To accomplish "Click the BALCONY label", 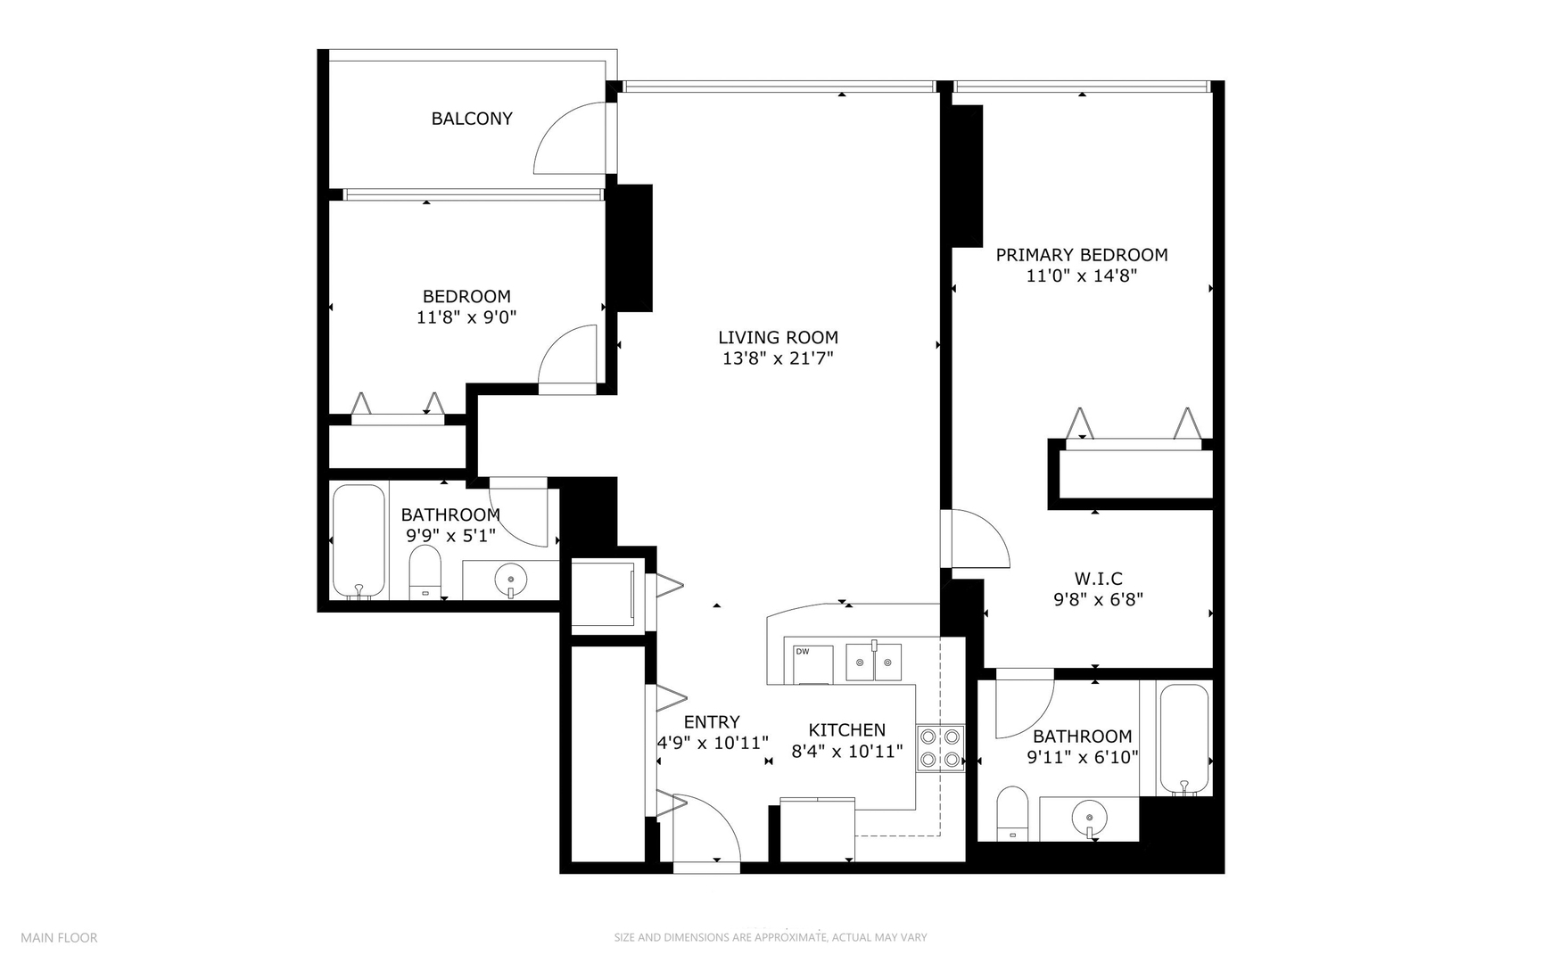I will click(x=472, y=119).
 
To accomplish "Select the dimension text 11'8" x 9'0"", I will click(x=466, y=317).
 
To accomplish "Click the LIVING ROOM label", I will click(x=778, y=338).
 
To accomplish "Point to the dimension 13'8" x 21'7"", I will click(x=778, y=358).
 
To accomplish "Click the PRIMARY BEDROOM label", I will click(x=1081, y=255).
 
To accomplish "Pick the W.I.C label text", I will click(x=1098, y=579).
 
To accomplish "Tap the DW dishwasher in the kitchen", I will click(x=812, y=663).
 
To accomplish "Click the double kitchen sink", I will click(x=874, y=662).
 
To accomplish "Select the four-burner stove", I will click(x=941, y=748).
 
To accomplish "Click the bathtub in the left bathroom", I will click(x=359, y=541).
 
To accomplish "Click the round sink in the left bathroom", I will click(x=510, y=580).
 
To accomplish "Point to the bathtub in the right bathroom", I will click(x=1184, y=739).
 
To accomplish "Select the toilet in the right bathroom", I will click(x=1012, y=813).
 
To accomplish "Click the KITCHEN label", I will click(x=847, y=730).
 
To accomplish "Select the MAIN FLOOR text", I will click(x=59, y=938).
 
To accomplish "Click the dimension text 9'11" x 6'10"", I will click(x=1082, y=758).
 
